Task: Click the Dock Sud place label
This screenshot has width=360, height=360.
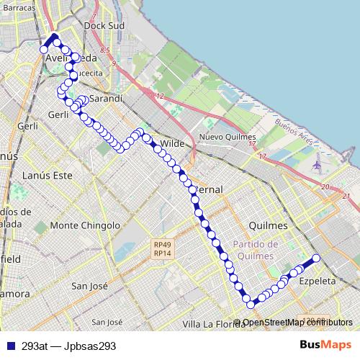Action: pos(104,25)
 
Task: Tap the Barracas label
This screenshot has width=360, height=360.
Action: pos(19,7)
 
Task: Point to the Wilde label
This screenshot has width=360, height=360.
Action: pos(172,143)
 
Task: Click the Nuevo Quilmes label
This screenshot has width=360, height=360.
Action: pos(228,137)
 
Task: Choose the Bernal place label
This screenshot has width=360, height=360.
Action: pos(208,189)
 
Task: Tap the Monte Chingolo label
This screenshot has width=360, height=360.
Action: pos(84,225)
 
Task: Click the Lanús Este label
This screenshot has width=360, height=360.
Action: pos(48,175)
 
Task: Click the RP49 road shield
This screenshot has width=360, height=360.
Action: pos(162,244)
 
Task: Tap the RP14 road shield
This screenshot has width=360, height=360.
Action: pos(162,253)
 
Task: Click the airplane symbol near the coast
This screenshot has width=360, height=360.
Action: pos(318,165)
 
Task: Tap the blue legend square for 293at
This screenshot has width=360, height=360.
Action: pos(10,346)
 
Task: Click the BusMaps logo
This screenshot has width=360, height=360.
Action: pos(327,345)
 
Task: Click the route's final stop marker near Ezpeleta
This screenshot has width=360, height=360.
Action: pos(315,258)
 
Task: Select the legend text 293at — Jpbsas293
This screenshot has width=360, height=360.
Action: pos(68,346)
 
